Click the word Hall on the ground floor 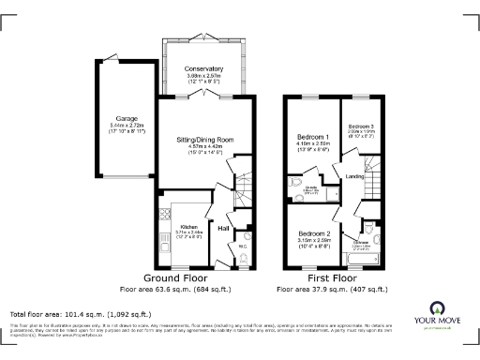click(x=224, y=228)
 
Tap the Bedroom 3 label click(x=361, y=126)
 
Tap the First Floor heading click(x=333, y=278)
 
